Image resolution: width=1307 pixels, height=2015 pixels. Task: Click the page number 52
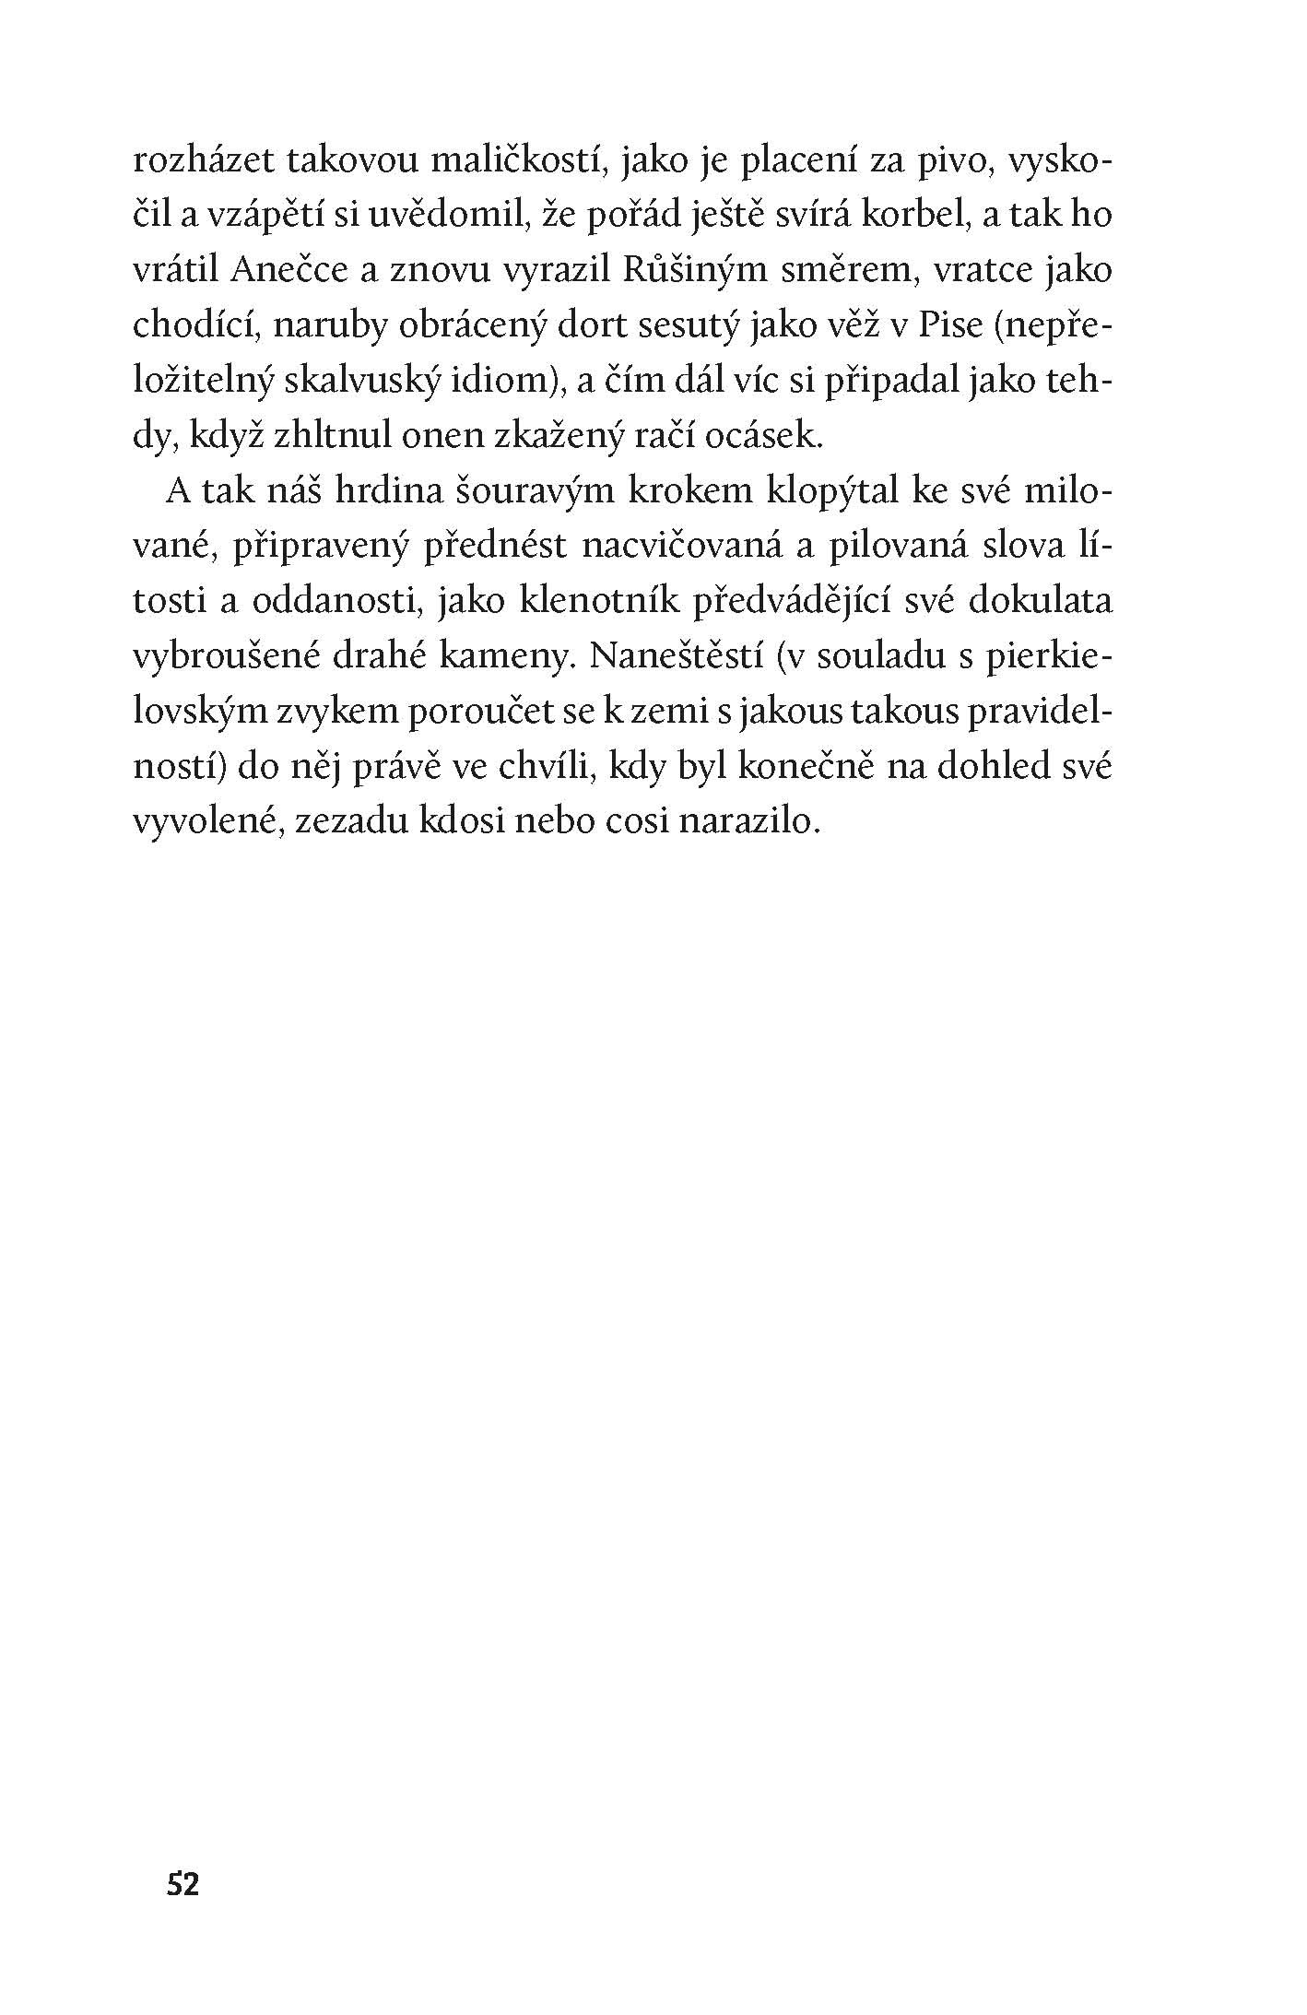click(183, 1884)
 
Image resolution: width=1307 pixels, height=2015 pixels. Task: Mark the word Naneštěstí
click(674, 657)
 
